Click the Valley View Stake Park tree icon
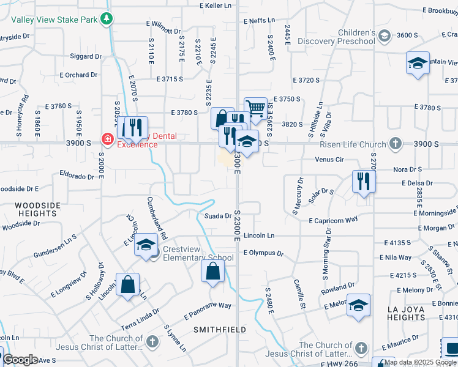tap(107, 19)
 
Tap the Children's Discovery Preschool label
tap(336, 37)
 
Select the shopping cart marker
tap(255, 108)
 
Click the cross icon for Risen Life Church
tap(396, 144)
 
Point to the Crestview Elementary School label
tap(198, 258)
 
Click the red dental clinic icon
tap(108, 139)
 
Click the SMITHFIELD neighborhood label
tap(220, 329)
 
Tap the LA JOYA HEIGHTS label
tap(410, 313)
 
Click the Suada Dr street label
tap(218, 215)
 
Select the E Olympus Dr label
tap(264, 253)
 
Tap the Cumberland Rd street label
tap(156, 218)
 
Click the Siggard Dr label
tap(86, 57)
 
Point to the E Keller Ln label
tap(217, 6)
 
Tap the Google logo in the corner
tap(20, 360)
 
